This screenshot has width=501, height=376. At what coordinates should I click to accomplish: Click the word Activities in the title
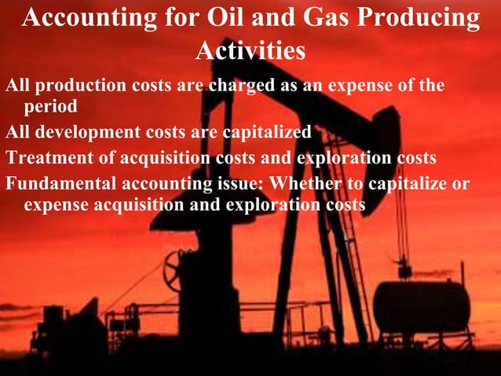coord(250,51)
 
